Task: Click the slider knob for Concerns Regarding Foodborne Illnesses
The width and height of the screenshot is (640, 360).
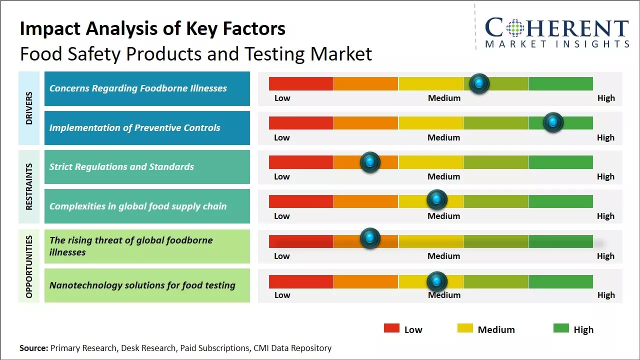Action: tap(479, 83)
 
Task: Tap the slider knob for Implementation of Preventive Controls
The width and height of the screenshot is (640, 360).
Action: tap(553, 122)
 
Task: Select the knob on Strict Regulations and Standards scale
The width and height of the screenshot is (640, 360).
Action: tap(370, 162)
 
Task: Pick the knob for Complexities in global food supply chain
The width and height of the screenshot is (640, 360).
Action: tap(437, 200)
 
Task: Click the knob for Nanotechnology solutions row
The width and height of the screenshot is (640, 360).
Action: tap(437, 281)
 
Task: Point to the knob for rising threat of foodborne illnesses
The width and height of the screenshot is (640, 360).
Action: tap(370, 238)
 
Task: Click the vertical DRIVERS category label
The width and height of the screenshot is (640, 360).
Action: tap(29, 108)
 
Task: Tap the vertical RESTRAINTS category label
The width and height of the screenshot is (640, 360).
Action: tap(29, 186)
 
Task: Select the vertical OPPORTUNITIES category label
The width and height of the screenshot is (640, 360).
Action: tap(29, 266)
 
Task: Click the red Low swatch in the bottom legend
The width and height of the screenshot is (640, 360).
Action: tap(391, 328)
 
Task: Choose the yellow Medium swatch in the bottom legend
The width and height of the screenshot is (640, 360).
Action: tap(465, 328)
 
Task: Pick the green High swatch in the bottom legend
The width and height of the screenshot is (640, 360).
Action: tap(561, 328)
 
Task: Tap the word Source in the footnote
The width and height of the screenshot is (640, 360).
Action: tap(33, 348)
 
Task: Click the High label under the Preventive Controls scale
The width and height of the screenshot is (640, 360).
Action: tap(605, 137)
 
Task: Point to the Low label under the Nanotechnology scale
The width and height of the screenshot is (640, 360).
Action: tap(282, 295)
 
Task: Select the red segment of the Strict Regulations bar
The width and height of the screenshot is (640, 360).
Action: tap(301, 162)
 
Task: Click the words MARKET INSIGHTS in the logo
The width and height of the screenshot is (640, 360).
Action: tap(557, 44)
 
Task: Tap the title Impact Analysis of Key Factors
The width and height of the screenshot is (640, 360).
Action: tap(152, 29)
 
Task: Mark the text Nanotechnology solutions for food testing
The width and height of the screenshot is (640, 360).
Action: tap(142, 285)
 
